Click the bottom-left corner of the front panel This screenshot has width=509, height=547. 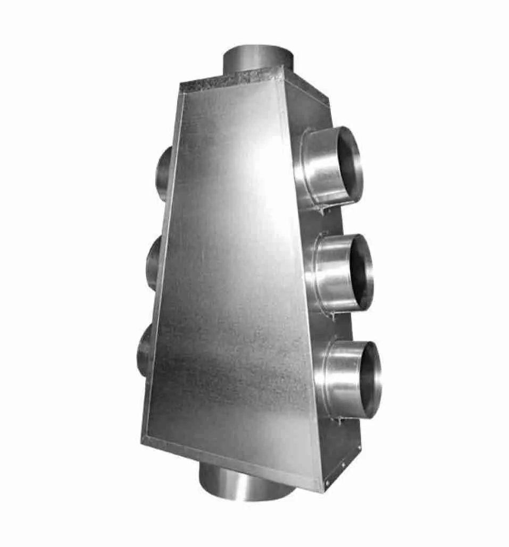click(x=143, y=440)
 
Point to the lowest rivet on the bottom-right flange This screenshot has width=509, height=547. click(x=327, y=483)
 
